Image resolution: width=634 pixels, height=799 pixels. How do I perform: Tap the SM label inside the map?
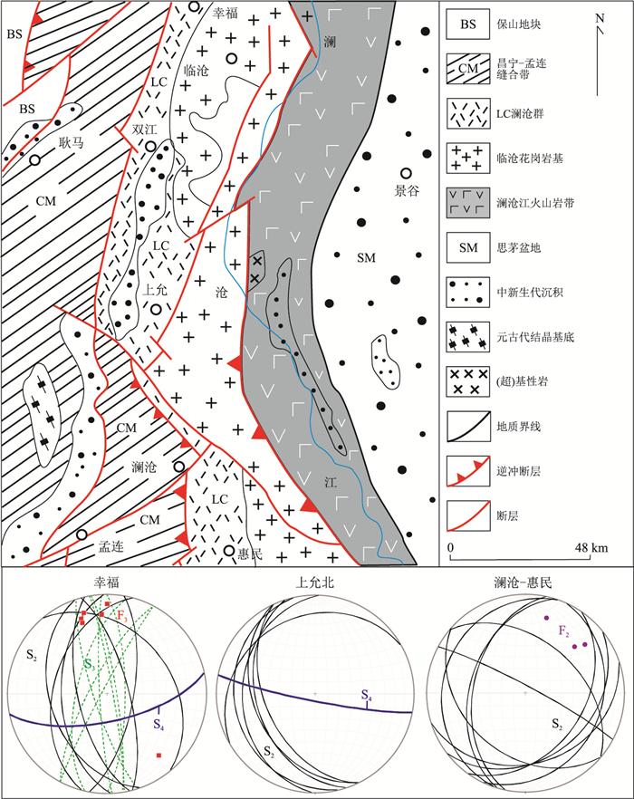368,259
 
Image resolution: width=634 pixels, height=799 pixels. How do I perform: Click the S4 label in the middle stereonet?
366,696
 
